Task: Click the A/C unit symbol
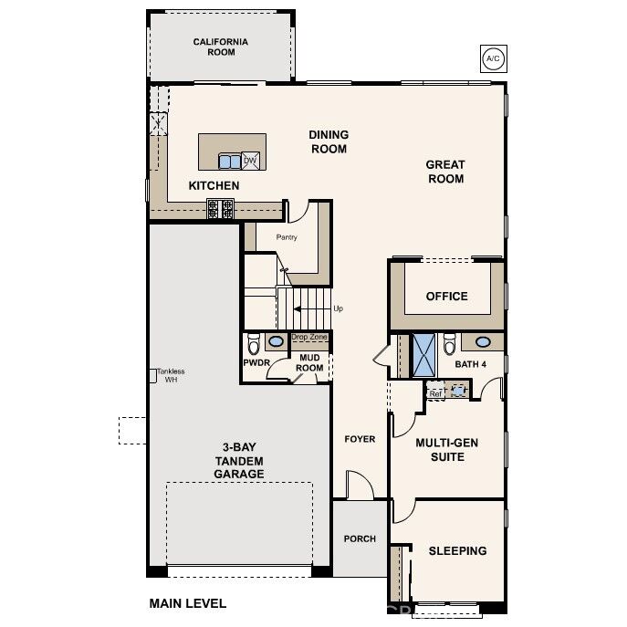point(493,58)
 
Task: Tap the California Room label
point(221,47)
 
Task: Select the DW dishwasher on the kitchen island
point(250,161)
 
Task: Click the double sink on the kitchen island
point(229,162)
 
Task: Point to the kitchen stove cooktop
point(220,208)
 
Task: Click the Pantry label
point(287,237)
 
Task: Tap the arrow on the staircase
point(309,308)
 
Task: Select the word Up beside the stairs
point(338,308)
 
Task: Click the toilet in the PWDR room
point(254,343)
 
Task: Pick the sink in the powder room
point(276,341)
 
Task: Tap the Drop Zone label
point(308,337)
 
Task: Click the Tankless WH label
point(171,375)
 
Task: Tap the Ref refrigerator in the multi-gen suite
point(435,392)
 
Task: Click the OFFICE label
point(446,296)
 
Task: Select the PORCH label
point(360,538)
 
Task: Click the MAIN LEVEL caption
point(187,603)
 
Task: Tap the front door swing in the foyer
point(361,485)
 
